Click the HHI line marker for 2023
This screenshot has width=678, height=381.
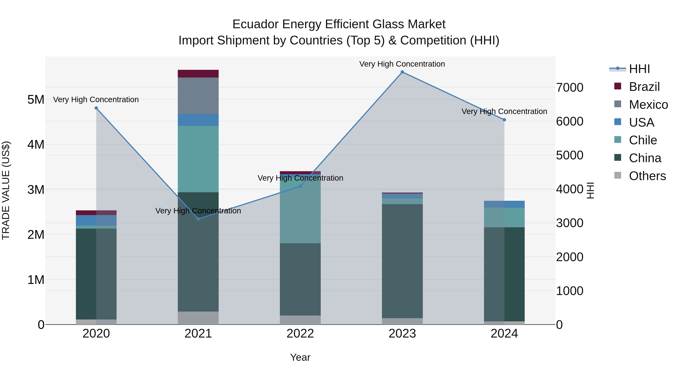(402, 72)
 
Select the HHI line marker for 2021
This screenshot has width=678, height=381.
(198, 219)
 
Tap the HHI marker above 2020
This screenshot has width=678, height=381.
(96, 108)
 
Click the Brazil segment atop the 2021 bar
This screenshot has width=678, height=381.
(198, 74)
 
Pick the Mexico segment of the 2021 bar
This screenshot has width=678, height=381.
(198, 96)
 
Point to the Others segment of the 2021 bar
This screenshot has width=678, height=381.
(198, 318)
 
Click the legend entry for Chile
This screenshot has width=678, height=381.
(643, 140)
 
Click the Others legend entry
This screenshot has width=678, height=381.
(647, 176)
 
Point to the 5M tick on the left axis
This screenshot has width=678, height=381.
(36, 100)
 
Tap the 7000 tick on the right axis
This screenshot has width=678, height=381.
(570, 87)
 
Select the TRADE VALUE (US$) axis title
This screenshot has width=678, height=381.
(6, 190)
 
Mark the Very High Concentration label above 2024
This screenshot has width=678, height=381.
(504, 112)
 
